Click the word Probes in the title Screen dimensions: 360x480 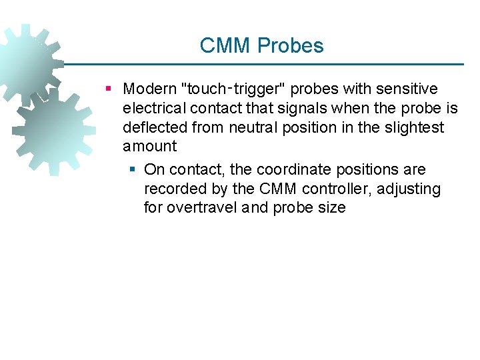tap(291, 46)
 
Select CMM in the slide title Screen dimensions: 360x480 tap(226, 46)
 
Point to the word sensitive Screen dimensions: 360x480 tap(407, 89)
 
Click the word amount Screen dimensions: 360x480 tap(150, 147)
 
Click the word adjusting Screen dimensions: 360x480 tap(409, 189)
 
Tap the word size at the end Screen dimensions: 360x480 tap(332, 208)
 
